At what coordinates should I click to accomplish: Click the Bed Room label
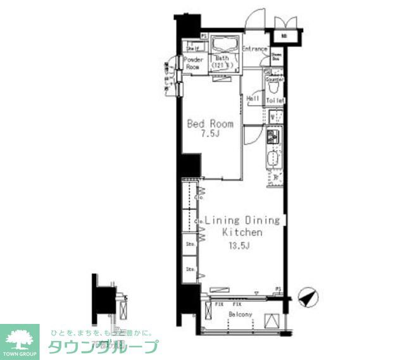click(210, 124)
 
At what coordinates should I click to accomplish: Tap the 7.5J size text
click(210, 134)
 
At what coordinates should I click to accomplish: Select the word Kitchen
click(241, 233)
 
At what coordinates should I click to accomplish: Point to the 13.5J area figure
click(241, 245)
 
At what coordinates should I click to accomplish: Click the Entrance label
click(254, 49)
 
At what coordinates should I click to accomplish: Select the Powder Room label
click(193, 63)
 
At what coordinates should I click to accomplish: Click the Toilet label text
click(275, 101)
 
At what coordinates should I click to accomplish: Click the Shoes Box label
click(277, 57)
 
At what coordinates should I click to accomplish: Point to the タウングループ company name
click(103, 347)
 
